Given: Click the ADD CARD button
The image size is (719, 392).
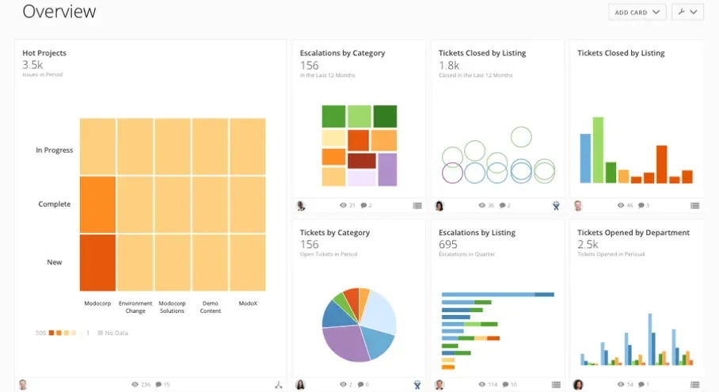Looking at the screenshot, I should click(637, 13).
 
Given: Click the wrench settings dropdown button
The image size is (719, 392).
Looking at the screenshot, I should click(687, 13).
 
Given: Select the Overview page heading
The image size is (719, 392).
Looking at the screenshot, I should click(59, 12).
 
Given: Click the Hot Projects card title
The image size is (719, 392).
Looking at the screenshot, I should click(44, 53).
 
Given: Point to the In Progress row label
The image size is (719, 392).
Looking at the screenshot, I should click(54, 150).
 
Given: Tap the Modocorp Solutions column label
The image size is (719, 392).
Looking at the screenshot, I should click(172, 307).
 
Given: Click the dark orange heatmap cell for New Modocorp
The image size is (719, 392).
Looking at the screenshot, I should click(97, 262).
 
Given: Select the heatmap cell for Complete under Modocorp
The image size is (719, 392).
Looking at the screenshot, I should click(97, 204).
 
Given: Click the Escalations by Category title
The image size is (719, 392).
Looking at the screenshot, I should click(342, 53).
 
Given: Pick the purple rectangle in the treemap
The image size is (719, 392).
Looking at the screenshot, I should click(386, 169).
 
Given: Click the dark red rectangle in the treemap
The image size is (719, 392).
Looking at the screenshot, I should click(361, 161).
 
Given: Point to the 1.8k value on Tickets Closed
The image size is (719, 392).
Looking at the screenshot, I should click(449, 66).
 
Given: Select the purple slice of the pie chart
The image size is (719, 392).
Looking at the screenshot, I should click(348, 342).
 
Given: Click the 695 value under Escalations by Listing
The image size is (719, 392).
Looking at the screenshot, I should click(448, 245).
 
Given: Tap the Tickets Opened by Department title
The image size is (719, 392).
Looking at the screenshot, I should click(633, 233).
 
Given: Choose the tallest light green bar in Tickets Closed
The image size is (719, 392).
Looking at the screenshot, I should click(598, 150).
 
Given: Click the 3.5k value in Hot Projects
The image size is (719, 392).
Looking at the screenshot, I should click(32, 65).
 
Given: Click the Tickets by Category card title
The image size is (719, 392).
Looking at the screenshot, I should click(335, 233).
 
